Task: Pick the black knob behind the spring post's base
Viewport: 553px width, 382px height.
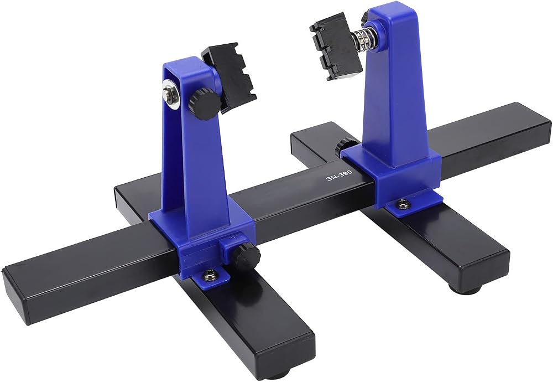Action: click(345, 145)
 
